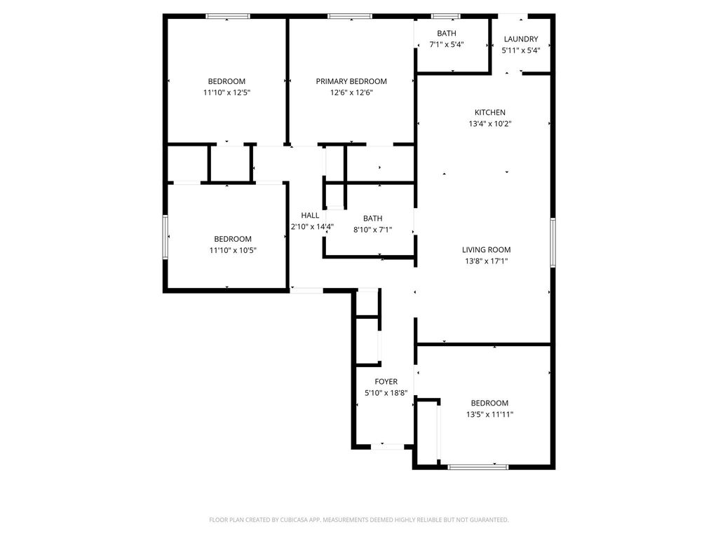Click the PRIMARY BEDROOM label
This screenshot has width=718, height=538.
[351, 81]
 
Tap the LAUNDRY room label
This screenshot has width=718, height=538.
[521, 39]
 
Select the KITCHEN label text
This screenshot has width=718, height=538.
[489, 113]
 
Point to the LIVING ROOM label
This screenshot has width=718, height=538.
[486, 250]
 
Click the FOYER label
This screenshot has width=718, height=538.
[386, 382]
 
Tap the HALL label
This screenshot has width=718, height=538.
[310, 216]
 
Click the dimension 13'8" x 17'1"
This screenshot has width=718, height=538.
[486, 261]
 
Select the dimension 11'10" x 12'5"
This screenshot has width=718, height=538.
[226, 93]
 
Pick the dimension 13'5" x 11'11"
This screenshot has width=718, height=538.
[489, 415]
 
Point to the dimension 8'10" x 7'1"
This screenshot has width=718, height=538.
[373, 230]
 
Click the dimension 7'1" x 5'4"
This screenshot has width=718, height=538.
[447, 45]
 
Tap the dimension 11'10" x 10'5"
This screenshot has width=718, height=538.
[233, 250]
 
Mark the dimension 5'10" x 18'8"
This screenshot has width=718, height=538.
[386, 393]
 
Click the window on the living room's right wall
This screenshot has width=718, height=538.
[553, 242]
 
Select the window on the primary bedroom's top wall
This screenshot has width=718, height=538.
[350, 17]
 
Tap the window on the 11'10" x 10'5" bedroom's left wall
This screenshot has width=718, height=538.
[165, 237]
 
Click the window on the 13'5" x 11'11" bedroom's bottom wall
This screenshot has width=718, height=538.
[477, 467]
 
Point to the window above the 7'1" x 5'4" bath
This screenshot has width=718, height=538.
[446, 17]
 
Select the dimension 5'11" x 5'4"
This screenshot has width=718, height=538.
[521, 50]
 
